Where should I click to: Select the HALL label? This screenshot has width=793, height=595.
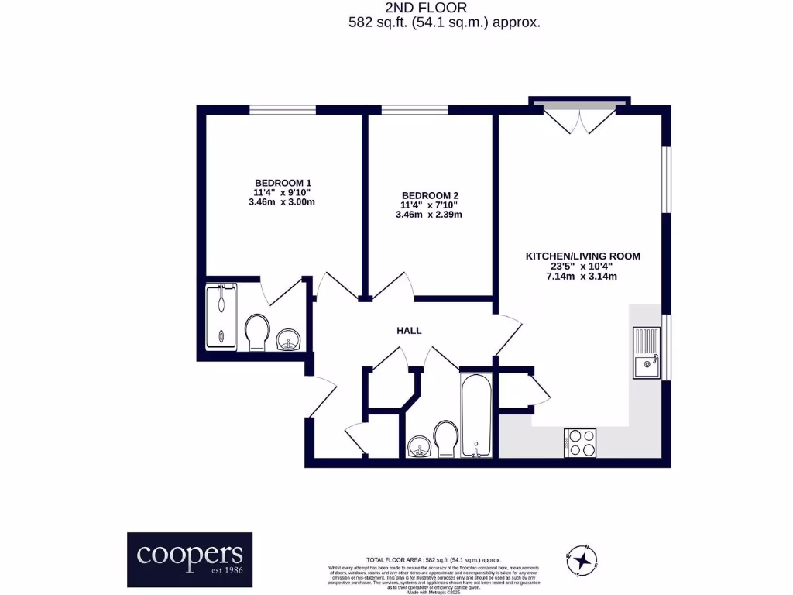pyautogui.click(x=409, y=331)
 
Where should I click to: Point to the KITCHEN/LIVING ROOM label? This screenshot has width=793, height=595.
pyautogui.click(x=583, y=256)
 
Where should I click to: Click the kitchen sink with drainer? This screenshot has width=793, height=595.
pyautogui.click(x=647, y=353)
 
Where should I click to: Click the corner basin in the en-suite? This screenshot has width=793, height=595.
pyautogui.click(x=290, y=339)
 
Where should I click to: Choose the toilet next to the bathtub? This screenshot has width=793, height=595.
pyautogui.click(x=445, y=439)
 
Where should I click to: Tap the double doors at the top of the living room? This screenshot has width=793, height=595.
pyautogui.click(x=579, y=119)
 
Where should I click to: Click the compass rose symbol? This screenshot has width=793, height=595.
pyautogui.click(x=583, y=558)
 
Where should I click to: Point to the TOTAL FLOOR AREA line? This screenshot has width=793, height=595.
pyautogui.click(x=434, y=559)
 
